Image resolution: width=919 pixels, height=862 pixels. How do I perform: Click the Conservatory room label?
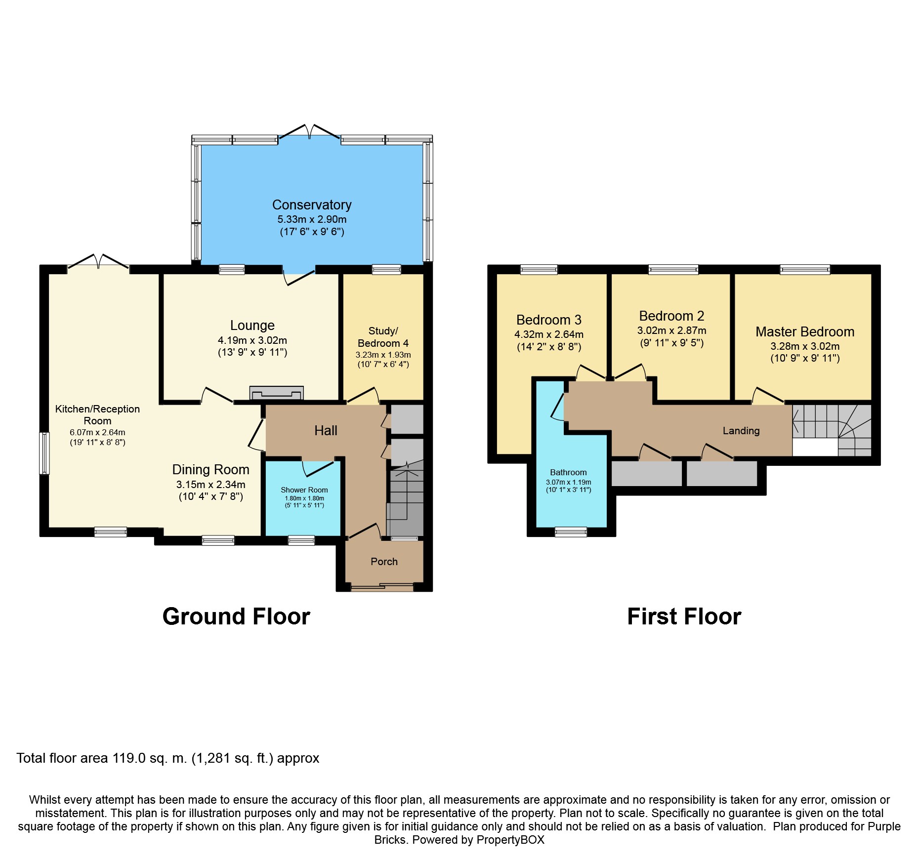pos(312,205)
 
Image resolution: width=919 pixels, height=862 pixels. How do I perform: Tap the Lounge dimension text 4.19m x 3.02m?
pos(252,340)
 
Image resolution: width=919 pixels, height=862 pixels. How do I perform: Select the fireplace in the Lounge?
pos(276,393)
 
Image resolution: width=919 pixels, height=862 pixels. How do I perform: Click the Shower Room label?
pos(304,490)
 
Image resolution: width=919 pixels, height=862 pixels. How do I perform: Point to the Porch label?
pos(384,562)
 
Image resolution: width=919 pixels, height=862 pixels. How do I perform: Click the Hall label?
pos(326,431)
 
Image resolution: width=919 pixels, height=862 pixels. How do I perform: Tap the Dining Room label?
pos(210,470)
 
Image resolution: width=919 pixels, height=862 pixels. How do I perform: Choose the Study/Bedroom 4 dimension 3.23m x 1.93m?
pos(383,355)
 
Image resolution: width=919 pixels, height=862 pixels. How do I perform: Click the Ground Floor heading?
pos(236,616)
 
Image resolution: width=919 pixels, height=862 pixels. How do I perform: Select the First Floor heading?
pos(684,616)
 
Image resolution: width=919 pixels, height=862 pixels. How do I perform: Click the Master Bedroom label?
pos(805,332)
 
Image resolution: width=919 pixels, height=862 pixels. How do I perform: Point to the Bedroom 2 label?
pos(671,316)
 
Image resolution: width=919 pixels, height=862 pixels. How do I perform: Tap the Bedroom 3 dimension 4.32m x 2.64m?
pos(549,334)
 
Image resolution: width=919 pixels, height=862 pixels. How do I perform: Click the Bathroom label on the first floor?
pos(568,472)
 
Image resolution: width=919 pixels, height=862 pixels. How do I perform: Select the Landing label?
pos(741,431)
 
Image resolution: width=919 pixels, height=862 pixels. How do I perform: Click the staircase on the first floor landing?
pos(832,430)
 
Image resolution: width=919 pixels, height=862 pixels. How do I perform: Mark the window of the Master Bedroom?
pos(805,269)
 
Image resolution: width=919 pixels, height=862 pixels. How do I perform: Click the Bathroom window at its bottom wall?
pos(571,532)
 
